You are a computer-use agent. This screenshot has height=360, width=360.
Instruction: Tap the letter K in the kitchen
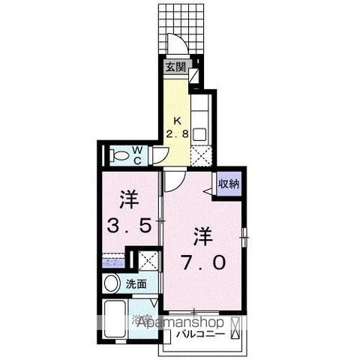tap(178, 120)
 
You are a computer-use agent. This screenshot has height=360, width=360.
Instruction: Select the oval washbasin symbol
tap(112, 284)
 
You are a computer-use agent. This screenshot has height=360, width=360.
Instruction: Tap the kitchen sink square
tap(200, 135)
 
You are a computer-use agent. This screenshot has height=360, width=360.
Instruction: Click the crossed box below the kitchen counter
tap(200, 158)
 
